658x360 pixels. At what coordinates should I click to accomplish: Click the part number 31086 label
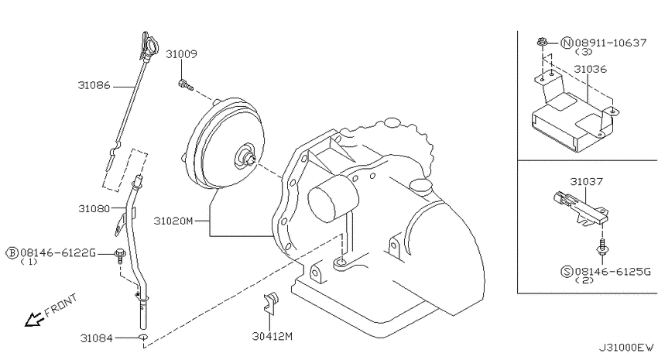pos(94,85)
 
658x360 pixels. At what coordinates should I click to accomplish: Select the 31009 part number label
pos(181,54)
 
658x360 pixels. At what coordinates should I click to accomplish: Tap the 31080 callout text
pos(94,208)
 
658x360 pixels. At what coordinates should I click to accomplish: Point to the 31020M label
pos(173,221)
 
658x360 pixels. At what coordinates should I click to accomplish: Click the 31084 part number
pos(97,338)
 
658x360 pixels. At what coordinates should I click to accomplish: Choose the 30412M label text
pos(272,336)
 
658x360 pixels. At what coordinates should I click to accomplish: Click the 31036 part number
pos(591,69)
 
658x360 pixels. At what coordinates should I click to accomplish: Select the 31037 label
pos(586,182)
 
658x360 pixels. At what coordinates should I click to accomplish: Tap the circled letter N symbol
pos(567,43)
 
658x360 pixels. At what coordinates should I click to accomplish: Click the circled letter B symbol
pos(12,252)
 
